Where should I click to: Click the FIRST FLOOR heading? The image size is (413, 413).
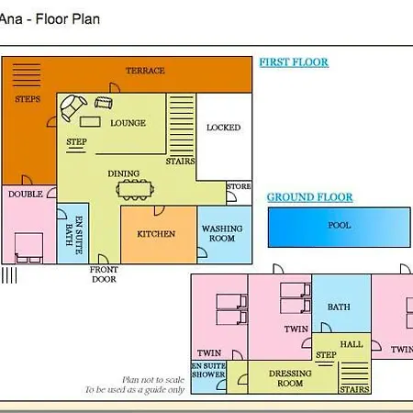pyautogui.click(x=294, y=62)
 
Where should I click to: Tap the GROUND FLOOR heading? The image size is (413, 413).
pyautogui.click(x=309, y=197)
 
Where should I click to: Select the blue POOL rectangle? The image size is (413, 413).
pyautogui.click(x=340, y=228)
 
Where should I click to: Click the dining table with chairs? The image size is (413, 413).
pyautogui.click(x=135, y=190)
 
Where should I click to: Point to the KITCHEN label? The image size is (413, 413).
pyautogui.click(x=156, y=234)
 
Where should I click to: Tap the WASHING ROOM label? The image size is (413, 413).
pyautogui.click(x=222, y=233)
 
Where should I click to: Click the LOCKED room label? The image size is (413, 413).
pyautogui.click(x=223, y=128)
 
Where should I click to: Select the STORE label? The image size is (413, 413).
pyautogui.click(x=239, y=186)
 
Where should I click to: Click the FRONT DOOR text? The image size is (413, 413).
pyautogui.click(x=104, y=274)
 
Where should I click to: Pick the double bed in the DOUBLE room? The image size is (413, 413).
pyautogui.click(x=28, y=248)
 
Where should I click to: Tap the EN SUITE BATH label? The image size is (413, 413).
pyautogui.click(x=74, y=235)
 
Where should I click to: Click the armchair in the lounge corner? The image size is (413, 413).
pyautogui.click(x=73, y=107)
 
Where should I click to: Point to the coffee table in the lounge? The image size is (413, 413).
pyautogui.click(x=90, y=122)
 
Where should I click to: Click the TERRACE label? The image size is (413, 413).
pyautogui.click(x=145, y=71)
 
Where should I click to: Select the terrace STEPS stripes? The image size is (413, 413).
pyautogui.click(x=27, y=75)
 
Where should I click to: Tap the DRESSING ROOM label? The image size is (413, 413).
pyautogui.click(x=290, y=378)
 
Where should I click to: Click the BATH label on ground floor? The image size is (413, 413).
pyautogui.click(x=339, y=307)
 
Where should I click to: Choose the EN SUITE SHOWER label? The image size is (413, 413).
pyautogui.click(x=208, y=370)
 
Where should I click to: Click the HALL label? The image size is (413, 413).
pyautogui.click(x=352, y=344)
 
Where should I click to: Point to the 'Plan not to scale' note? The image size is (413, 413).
pyautogui.click(x=153, y=380)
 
